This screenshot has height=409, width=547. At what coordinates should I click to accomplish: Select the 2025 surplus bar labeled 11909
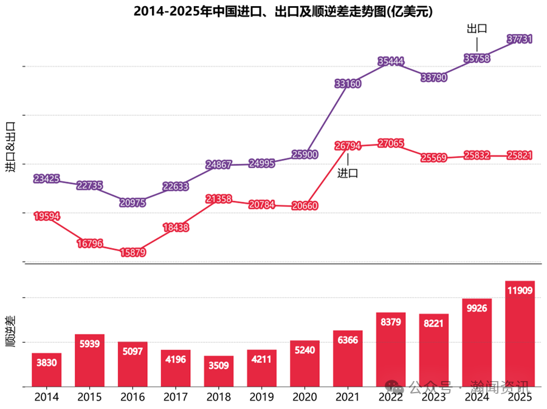coord(520,334)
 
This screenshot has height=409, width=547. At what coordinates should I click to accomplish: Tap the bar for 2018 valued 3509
coord(219,371)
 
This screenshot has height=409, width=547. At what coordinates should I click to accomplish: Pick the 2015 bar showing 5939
coord(89,360)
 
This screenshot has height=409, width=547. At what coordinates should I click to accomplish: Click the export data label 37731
coord(520,39)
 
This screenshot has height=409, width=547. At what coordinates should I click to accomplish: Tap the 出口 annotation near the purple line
coord(477,28)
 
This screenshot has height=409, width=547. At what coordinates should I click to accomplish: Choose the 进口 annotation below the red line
coord(348,173)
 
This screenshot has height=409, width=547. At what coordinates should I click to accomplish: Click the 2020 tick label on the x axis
coord(304,397)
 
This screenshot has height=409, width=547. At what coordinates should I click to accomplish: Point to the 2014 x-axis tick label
coord(47,397)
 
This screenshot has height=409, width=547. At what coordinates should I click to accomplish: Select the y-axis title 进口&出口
coord(10,147)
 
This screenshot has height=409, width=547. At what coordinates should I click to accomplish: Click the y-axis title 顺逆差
coord(10,331)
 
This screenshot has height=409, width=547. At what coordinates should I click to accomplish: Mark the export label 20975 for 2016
coord(132,203)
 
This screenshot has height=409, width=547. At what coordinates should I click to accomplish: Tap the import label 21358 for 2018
coord(219,198)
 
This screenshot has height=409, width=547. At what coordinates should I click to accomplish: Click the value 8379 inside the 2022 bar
coord(391,322)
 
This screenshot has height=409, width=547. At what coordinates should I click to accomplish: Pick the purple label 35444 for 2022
coord(391,61)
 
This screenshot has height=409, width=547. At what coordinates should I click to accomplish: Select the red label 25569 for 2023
coord(434,158)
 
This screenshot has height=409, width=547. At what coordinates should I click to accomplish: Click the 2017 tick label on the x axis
coord(176,397)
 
